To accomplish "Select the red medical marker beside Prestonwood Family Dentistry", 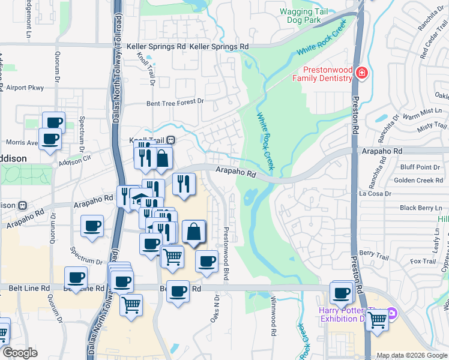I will point(361,74).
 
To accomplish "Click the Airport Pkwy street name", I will point(25,88).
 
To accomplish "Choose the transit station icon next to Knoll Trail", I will point(171,140).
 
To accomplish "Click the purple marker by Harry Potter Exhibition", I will point(391,313).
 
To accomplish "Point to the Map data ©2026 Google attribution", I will point(411,355).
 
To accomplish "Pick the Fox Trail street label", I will point(423,261).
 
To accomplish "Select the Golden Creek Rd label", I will point(418,181).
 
